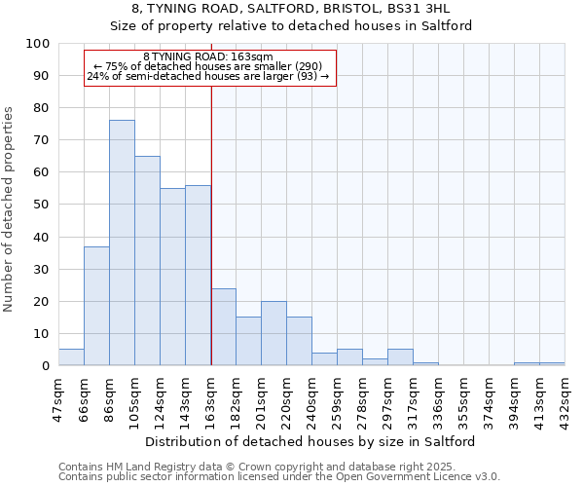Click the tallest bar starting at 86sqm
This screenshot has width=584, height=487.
tap(122, 243)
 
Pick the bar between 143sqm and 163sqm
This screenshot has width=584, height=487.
tap(198, 275)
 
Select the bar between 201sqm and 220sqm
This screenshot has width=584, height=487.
tap(274, 333)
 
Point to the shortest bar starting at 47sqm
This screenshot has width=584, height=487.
tap(71, 357)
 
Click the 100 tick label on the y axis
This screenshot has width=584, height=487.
tap(38, 44)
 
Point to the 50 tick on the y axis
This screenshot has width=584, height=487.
tap(42, 205)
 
